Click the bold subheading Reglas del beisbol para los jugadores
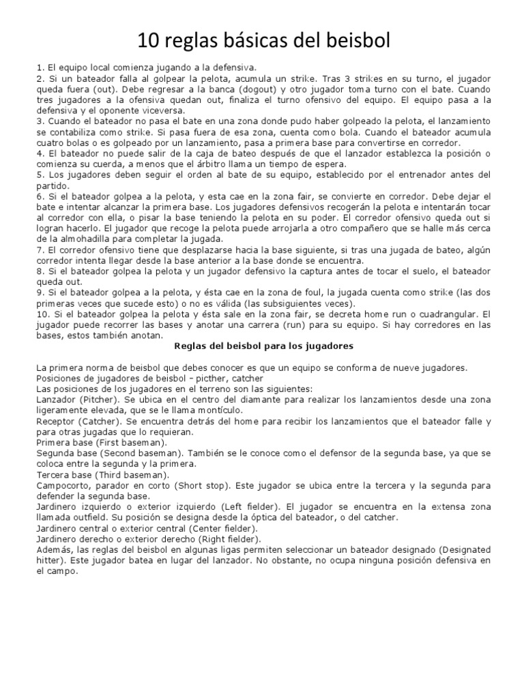(x=262, y=346)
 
